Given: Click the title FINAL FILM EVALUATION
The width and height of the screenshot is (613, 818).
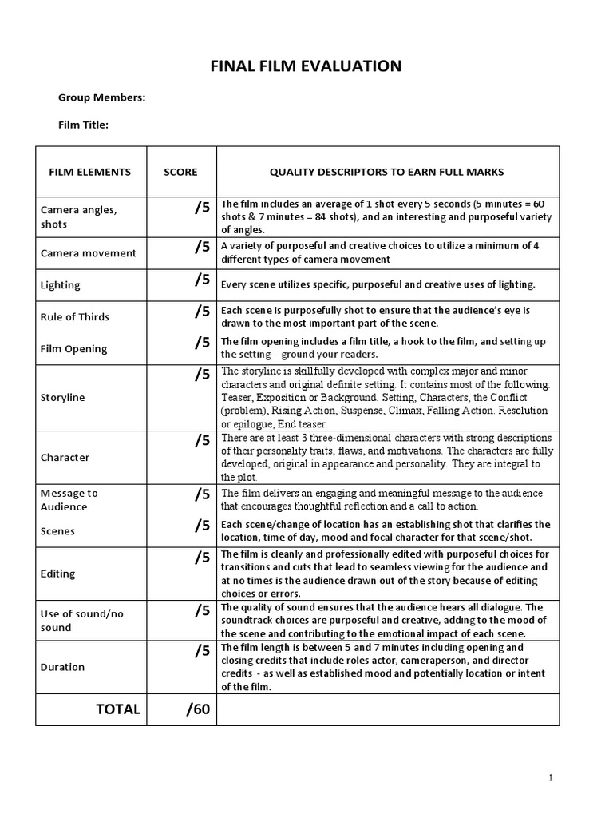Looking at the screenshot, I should pos(306,66).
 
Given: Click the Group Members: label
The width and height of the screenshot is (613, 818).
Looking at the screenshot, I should pos(101,97).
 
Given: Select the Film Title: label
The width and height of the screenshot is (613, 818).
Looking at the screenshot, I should pos(83,125).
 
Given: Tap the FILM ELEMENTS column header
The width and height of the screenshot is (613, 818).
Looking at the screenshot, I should pos(90,172).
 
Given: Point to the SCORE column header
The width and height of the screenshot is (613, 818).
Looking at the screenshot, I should pos(180,172).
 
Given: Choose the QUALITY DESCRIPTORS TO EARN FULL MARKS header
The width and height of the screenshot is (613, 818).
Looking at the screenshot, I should pos(386,172).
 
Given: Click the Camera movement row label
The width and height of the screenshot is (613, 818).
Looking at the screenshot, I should pos(89,253).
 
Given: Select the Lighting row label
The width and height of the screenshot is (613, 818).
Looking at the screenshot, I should pos(61,285).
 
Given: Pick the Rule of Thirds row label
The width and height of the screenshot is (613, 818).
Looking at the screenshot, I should pos(75,316).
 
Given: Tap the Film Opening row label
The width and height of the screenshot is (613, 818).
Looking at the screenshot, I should pos(73,348).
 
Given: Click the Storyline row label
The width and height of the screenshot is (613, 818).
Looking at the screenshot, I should pos(62,397).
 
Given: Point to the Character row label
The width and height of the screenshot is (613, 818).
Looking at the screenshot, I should pos(65,458).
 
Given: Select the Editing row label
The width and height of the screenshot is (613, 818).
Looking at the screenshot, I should pos(57,574).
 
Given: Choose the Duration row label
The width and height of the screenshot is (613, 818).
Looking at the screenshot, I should pos(62,667).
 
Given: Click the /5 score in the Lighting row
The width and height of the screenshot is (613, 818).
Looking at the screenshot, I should pos(201,280).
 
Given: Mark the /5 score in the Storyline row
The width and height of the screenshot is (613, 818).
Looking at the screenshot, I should pos(201,374).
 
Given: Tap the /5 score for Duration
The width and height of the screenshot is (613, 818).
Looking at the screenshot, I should pos(201,651).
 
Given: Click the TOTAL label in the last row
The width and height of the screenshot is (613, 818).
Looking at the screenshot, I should pos(118,709).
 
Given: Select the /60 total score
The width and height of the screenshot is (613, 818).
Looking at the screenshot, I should pos(198,709).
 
